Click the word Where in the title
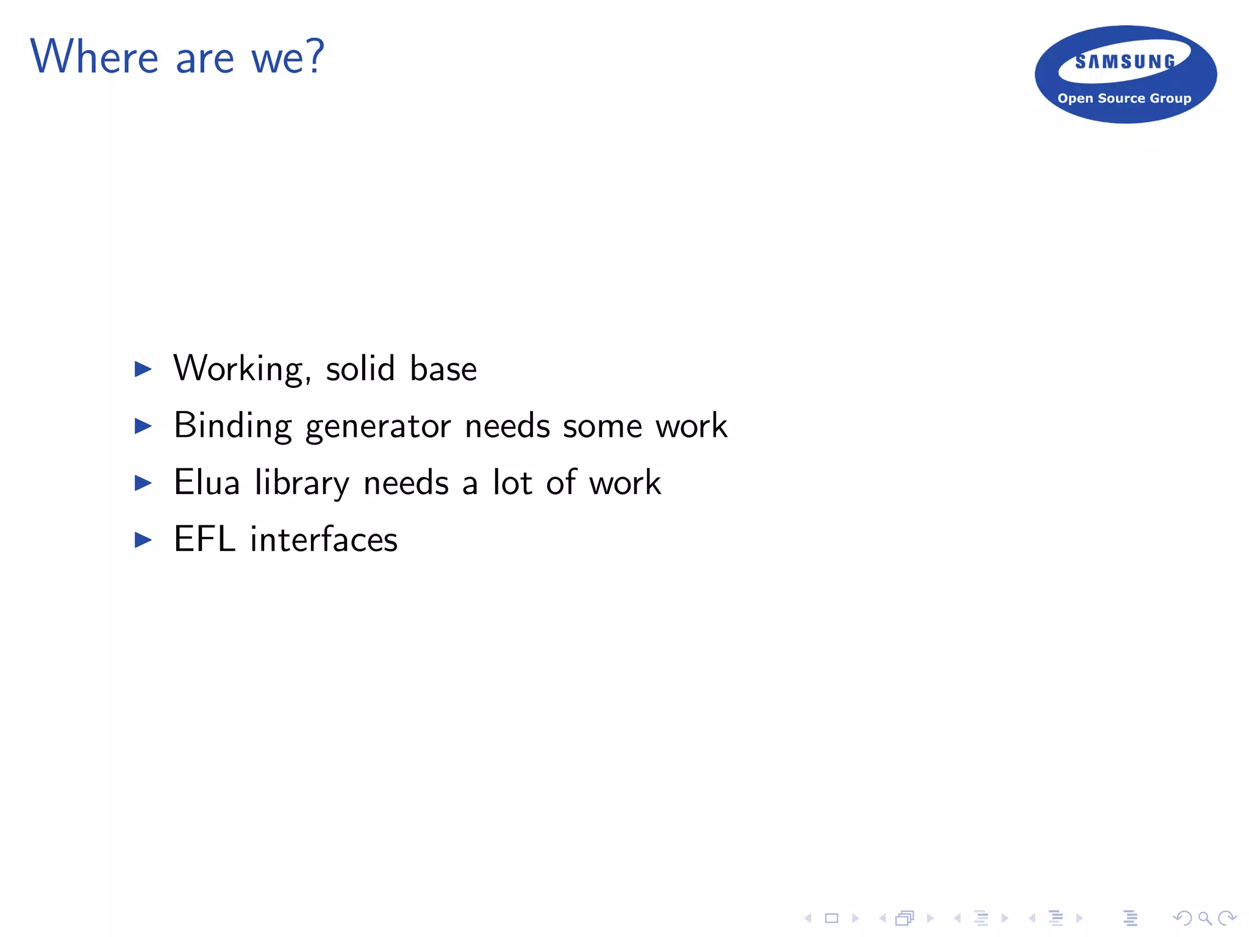[95, 57]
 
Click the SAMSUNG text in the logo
[1125, 62]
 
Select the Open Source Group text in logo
[1124, 98]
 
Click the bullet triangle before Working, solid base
[143, 368]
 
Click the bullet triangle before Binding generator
[143, 426]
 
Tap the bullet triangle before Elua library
[143, 483]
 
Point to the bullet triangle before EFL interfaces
[143, 539]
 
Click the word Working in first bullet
[242, 369]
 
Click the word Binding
[232, 426]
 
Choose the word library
[302, 484]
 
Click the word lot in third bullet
[512, 483]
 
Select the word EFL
[204, 539]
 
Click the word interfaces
[324, 540]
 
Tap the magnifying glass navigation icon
[1204, 918]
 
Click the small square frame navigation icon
[831, 918]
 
